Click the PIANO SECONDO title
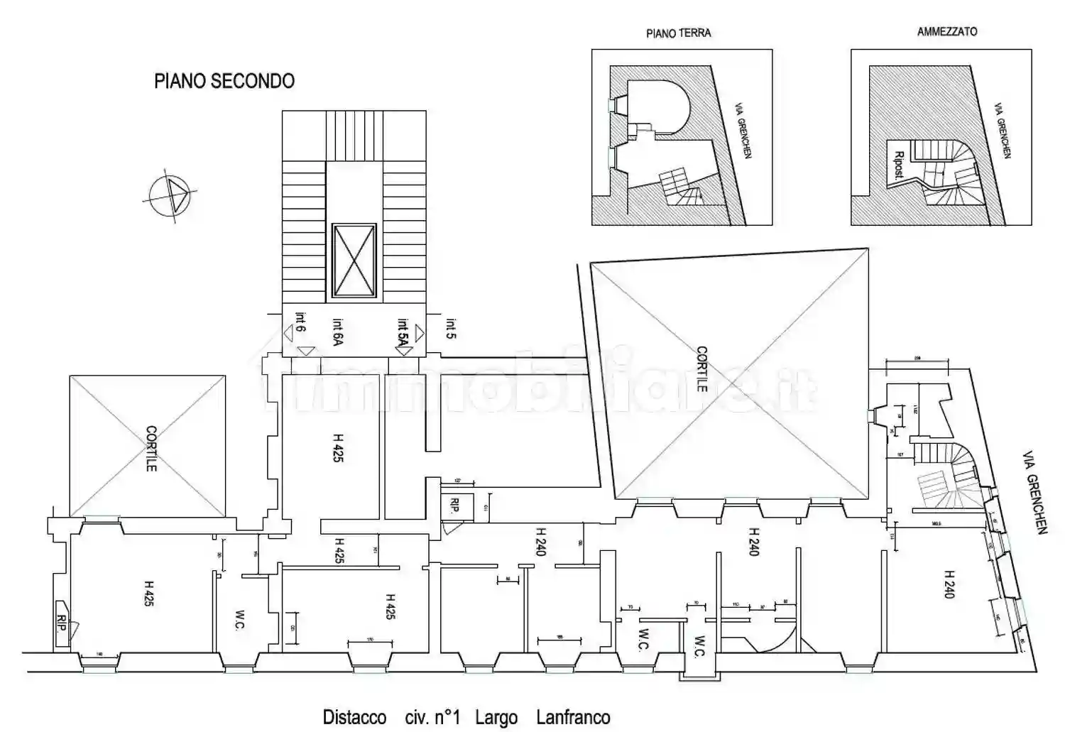[x=224, y=81]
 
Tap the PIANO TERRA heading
[x=678, y=33]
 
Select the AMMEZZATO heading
[x=946, y=32]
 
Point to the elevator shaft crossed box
[x=354, y=260]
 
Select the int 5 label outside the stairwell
[x=451, y=327]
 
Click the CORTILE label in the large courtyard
[x=701, y=368]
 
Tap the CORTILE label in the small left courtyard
[x=151, y=448]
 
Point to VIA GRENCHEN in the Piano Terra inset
[x=743, y=129]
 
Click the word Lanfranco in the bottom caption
[x=573, y=717]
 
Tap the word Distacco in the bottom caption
[x=354, y=717]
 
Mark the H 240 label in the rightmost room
[x=949, y=584]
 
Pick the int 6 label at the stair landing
[x=300, y=323]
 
